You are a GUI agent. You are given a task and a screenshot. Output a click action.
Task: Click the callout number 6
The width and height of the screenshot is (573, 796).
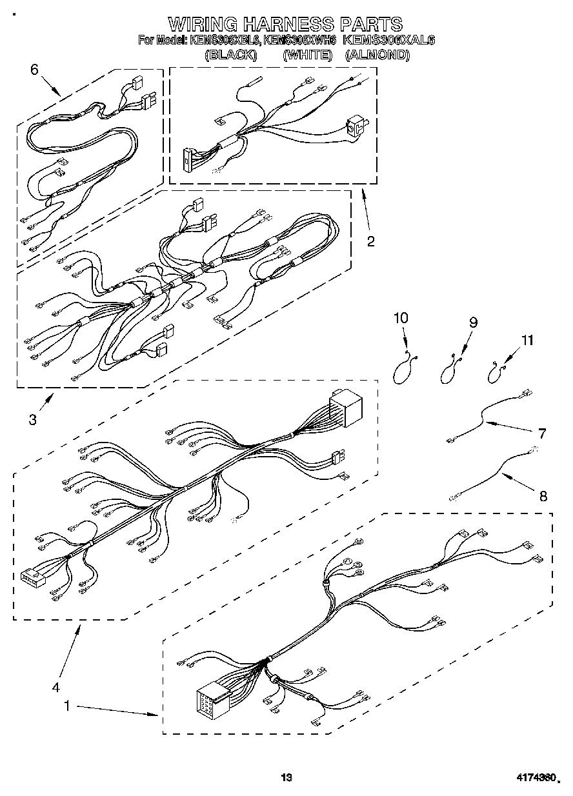pos(34,70)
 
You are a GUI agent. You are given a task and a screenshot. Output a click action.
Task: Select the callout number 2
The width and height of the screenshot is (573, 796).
pos(370,241)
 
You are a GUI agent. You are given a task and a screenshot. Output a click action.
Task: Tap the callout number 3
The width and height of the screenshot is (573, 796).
pos(32,419)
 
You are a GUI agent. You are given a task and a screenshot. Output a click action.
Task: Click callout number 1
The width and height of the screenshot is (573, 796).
pos(66,707)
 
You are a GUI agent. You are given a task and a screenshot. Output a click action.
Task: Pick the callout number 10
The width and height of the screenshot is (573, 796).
pos(401,317)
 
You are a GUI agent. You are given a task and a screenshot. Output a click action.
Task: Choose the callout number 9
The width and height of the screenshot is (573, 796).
pos(473,323)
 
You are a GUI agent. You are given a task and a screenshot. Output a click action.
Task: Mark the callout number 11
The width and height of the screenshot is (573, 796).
pos(528,340)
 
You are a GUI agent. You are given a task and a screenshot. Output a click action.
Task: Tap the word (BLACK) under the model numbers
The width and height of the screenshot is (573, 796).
pos(230,55)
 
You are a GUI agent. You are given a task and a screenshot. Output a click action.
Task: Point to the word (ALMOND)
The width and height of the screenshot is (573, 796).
pos(377,55)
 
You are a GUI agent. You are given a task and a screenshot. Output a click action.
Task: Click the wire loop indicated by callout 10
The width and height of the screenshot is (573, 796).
pos(404,371)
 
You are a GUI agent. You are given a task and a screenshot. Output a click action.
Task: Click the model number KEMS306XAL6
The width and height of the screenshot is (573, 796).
pos(389,40)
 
